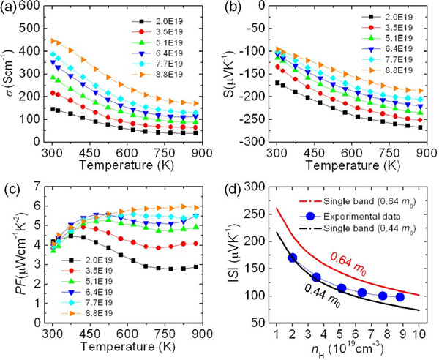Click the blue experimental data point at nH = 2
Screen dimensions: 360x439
tap(293, 257)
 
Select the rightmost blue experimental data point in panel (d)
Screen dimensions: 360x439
tap(399, 296)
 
